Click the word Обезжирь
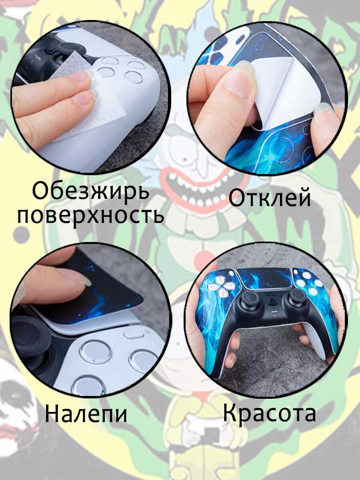coord(91,191)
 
